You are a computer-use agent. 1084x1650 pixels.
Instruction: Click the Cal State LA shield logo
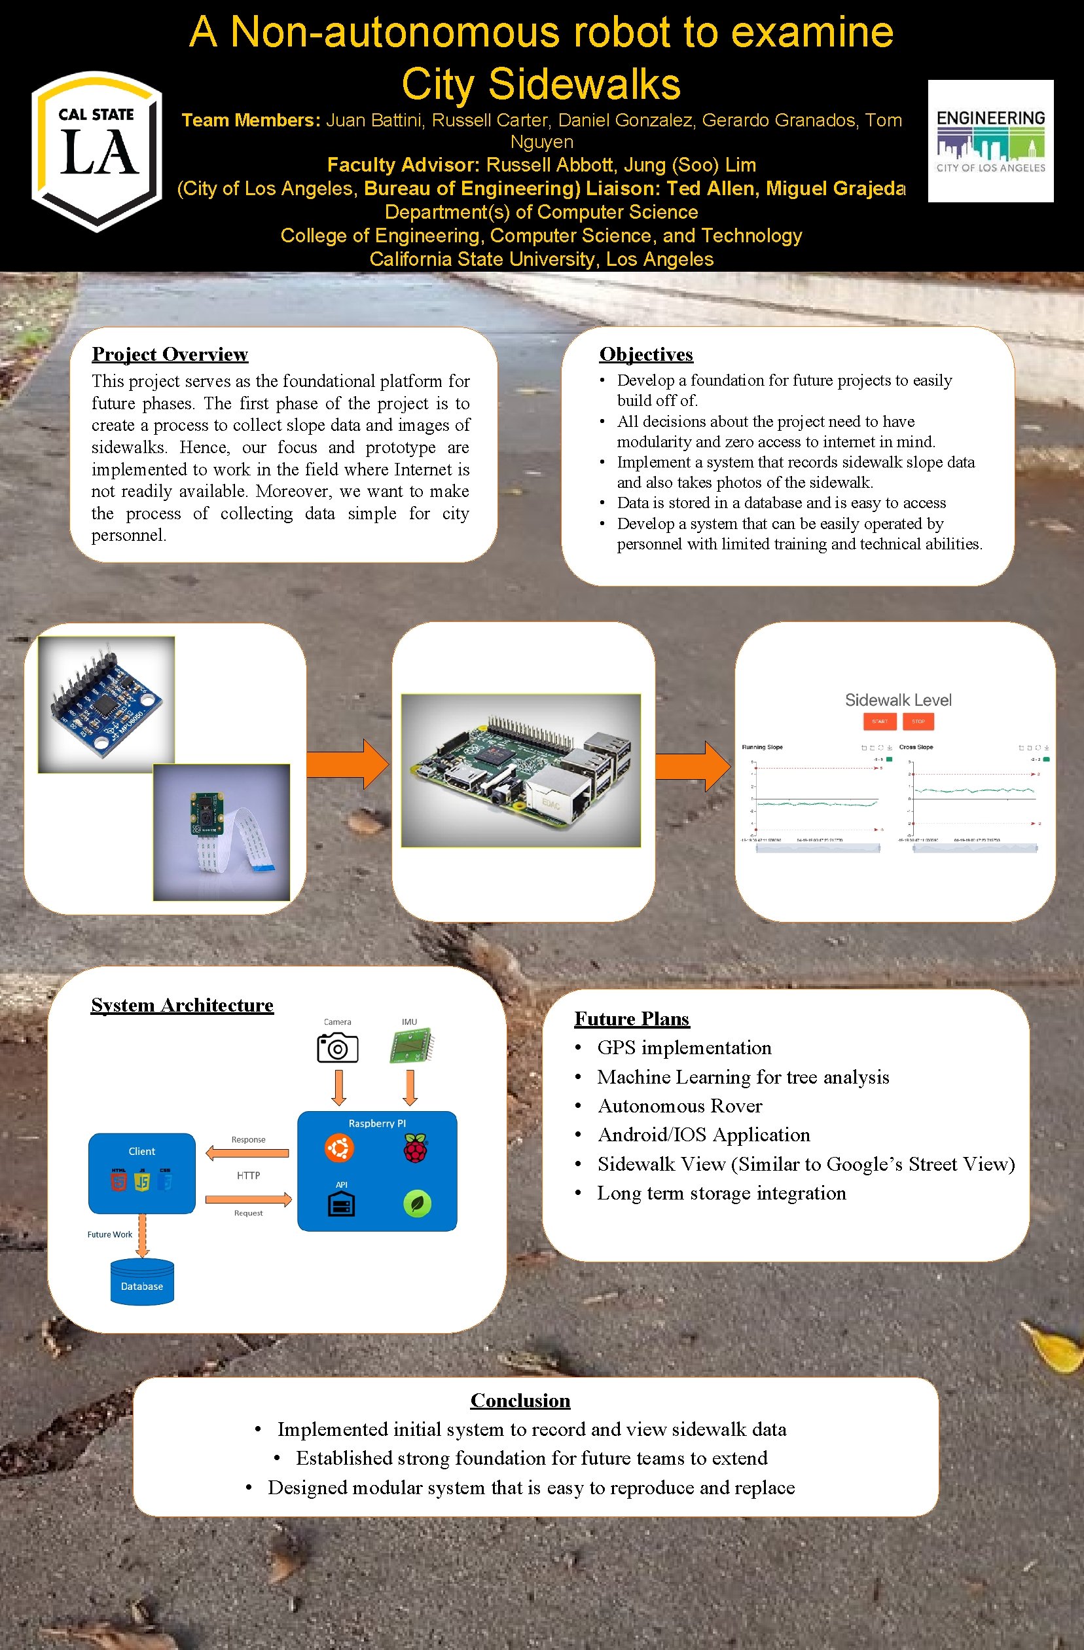[96, 151]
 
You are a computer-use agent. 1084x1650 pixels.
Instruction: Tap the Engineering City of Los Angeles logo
[990, 141]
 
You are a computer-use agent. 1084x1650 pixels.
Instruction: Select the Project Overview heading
[170, 354]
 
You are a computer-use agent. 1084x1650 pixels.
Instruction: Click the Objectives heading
[645, 354]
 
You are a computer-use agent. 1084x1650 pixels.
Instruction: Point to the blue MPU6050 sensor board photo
[106, 704]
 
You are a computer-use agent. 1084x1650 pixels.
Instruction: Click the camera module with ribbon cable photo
[221, 832]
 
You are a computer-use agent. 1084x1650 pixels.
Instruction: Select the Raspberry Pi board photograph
[520, 770]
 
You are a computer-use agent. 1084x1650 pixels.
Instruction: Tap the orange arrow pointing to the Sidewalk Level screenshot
[693, 765]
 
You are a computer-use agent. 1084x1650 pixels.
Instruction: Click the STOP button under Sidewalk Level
[918, 721]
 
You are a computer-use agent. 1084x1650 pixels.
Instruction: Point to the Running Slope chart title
[762, 746]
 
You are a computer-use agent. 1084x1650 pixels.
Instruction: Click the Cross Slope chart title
[916, 746]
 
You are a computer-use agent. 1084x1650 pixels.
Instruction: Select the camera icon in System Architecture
[338, 1047]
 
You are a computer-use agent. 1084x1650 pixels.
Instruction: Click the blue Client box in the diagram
[142, 1173]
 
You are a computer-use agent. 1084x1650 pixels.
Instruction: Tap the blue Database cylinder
[142, 1281]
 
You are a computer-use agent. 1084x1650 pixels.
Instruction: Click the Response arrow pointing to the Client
[247, 1153]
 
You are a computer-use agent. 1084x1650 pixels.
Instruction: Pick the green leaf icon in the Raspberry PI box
[417, 1203]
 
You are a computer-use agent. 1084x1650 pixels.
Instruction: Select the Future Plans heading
[632, 1018]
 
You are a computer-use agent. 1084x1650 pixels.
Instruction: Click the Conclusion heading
[520, 1400]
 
